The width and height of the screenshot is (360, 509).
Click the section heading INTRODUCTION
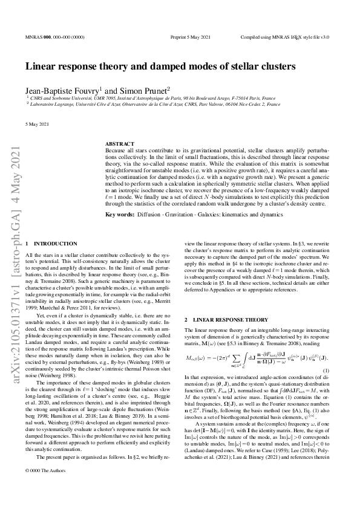pos(56,242)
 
